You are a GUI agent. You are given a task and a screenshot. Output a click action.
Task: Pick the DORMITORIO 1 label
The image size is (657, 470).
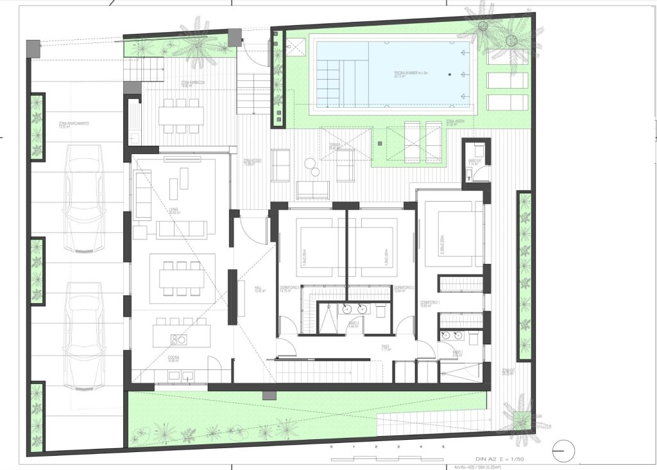pyautogui.click(x=429, y=302)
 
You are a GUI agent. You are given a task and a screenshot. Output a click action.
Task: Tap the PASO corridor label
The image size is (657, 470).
pyautogui.click(x=386, y=349)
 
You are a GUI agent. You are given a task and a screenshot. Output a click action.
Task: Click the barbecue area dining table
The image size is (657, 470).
pyautogui.click(x=181, y=116)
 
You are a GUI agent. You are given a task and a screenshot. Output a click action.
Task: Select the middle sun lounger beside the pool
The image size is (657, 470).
pyautogui.click(x=508, y=80)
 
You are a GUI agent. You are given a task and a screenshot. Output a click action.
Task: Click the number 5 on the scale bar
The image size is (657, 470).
pyautogui.click(x=443, y=446)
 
